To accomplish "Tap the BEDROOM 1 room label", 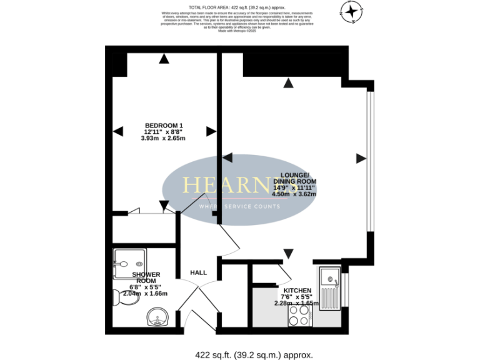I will point(164,126).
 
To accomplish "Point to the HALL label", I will point(199,273).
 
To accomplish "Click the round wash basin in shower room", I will point(157,317).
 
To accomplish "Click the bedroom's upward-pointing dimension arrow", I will point(164,59).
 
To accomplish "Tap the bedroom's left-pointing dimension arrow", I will point(117,131).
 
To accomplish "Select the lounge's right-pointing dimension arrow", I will point(361,159).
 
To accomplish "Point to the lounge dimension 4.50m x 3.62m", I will point(294,194).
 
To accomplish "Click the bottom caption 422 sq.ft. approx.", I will point(253,354).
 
